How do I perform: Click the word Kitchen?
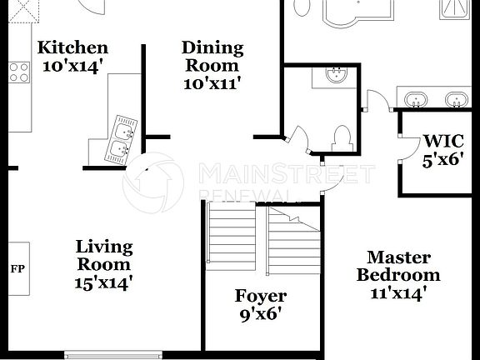[x=73, y=47]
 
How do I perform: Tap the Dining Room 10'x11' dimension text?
[x=212, y=82]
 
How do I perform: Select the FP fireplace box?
[x=17, y=268]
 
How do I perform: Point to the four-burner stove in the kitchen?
[x=18, y=72]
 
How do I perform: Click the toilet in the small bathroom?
[x=342, y=137]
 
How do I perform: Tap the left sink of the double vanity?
[x=416, y=99]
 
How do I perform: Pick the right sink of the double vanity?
[x=456, y=99]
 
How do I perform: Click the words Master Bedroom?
[x=398, y=267]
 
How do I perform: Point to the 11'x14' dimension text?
[x=398, y=292]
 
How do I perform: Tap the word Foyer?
[x=260, y=296]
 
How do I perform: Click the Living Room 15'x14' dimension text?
[x=104, y=282]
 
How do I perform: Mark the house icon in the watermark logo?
[x=153, y=181]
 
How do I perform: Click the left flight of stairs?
[x=232, y=237]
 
